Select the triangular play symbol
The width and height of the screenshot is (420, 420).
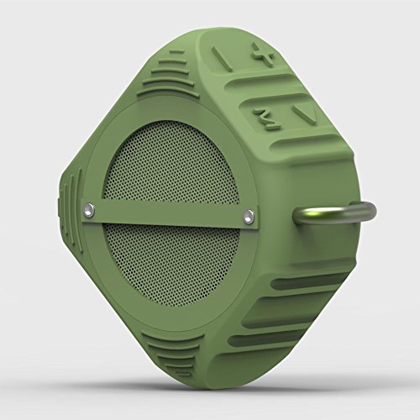(x=300, y=113)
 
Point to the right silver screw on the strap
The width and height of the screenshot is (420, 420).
(x=249, y=217)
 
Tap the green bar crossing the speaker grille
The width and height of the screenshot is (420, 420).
(x=168, y=214)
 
